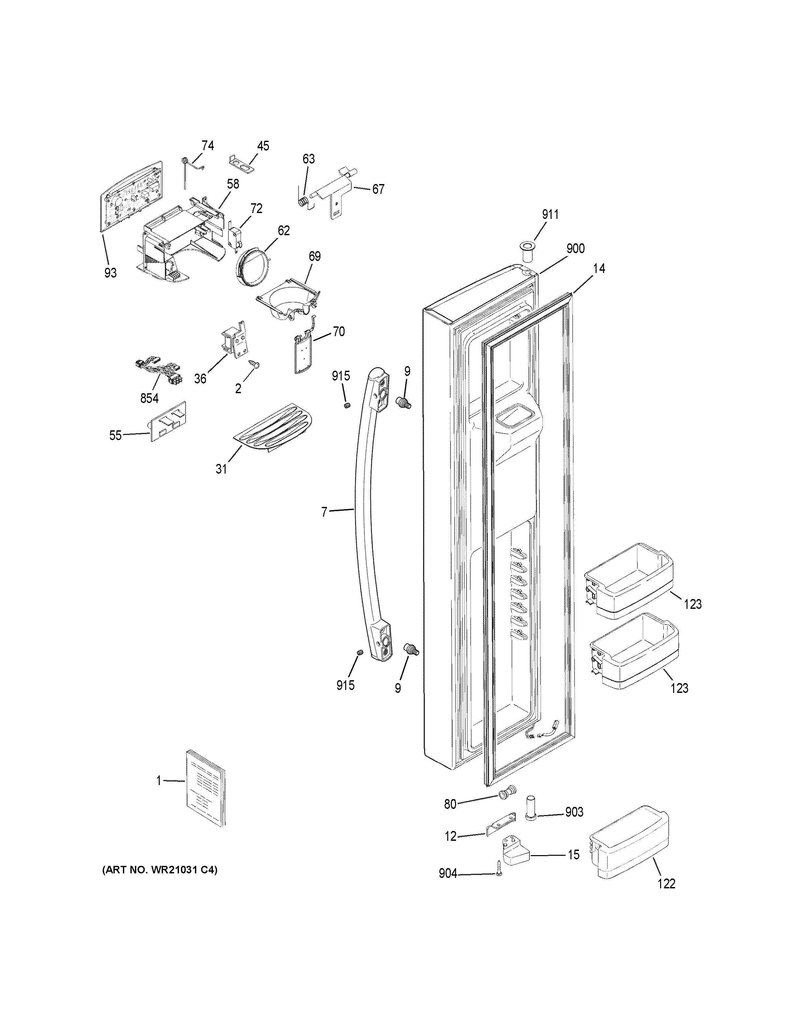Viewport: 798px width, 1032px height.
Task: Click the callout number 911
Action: coord(550,215)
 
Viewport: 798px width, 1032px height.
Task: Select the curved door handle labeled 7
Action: coord(363,510)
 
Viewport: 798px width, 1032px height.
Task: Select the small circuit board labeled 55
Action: coord(168,421)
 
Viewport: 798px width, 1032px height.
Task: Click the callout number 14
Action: coord(598,268)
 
